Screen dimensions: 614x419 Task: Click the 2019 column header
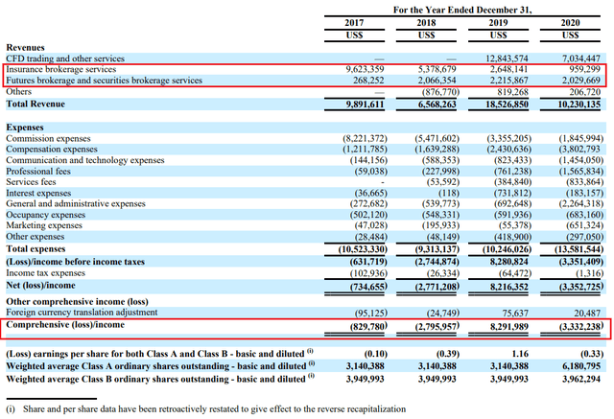click(498, 23)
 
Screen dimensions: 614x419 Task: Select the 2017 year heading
click(354, 23)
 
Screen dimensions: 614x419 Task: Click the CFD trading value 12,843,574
click(507, 58)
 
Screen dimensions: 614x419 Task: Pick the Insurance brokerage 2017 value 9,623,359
click(365, 69)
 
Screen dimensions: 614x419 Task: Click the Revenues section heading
click(26, 47)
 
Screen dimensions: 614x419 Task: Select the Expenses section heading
click(25, 128)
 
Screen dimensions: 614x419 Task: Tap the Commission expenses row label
click(48, 138)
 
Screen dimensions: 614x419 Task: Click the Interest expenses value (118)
click(449, 193)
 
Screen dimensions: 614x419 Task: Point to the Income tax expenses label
click(45, 272)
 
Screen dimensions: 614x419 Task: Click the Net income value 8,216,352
click(508, 287)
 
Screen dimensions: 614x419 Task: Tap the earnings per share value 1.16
click(520, 354)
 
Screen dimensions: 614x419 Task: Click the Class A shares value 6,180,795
click(581, 366)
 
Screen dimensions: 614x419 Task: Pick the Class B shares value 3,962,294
click(581, 379)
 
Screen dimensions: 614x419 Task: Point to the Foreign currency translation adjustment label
click(82, 313)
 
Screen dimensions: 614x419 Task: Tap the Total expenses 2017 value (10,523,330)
click(363, 249)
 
